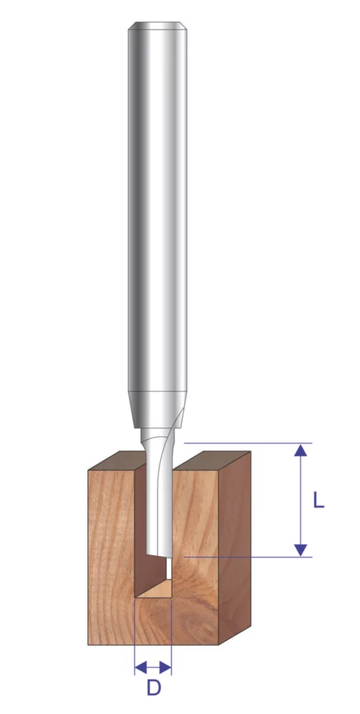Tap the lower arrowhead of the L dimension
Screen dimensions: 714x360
pos(301,550)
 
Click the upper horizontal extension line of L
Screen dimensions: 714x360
pos(243,443)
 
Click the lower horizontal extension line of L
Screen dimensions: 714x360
pos(243,556)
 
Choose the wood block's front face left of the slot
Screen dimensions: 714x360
pos(111,557)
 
